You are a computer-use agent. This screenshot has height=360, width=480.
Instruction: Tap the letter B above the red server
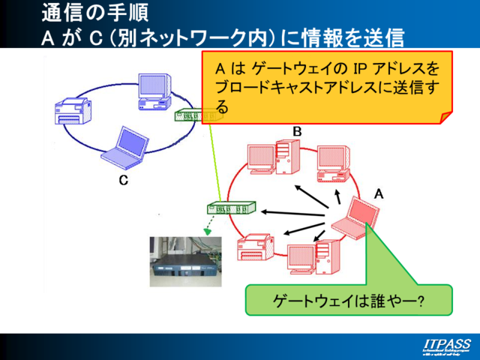297,132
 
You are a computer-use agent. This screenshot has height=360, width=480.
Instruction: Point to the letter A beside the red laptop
379,193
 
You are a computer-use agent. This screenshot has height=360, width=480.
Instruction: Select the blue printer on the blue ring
74,112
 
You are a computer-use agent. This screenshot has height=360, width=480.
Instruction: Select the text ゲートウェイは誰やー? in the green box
348,301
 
